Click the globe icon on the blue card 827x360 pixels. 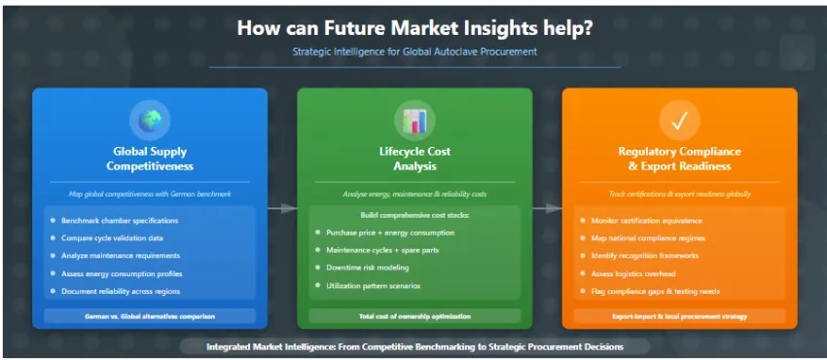click(x=150, y=121)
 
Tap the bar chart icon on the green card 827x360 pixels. click(x=414, y=121)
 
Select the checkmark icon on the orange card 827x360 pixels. click(x=679, y=121)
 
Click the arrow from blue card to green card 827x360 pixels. click(x=282, y=209)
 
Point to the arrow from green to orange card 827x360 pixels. click(x=547, y=209)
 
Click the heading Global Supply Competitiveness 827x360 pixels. click(x=150, y=159)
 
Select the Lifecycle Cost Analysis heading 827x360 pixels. click(x=414, y=159)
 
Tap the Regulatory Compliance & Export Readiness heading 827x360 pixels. click(x=679, y=159)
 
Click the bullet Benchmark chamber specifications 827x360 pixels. click(x=120, y=220)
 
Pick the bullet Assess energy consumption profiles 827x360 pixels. click(x=122, y=273)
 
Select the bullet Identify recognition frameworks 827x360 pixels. click(x=645, y=256)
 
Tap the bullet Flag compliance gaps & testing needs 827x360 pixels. click(x=656, y=291)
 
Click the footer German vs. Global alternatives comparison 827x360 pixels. click(x=150, y=316)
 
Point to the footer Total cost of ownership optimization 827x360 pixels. click(x=414, y=316)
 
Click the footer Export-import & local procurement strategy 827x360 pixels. click(x=679, y=316)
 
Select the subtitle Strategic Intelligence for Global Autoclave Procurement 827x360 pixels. click(x=414, y=52)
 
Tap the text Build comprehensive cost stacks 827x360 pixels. click(x=414, y=215)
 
